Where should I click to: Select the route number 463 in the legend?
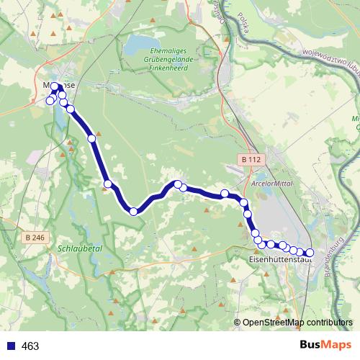pos(30,346)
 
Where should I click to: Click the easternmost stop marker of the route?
pos(310,253)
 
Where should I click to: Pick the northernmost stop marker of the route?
pos(55,86)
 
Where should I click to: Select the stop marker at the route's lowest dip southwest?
pos(133,211)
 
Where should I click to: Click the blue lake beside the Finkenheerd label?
pos(141,50)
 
